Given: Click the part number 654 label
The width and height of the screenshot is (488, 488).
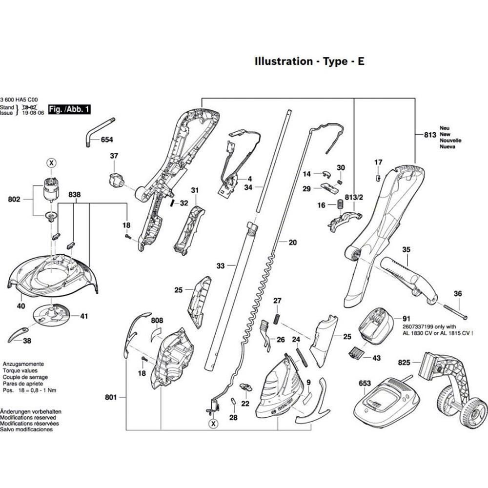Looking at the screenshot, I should tap(106, 140).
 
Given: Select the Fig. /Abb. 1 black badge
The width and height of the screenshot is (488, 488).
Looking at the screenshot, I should tap(69, 110).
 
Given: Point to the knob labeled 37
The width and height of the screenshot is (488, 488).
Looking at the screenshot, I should tap(115, 180).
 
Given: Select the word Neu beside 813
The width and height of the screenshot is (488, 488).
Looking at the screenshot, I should tap(444, 128).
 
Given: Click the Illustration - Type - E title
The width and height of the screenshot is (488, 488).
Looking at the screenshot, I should tap(309, 61).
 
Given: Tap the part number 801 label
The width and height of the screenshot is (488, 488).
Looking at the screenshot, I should tap(111, 398).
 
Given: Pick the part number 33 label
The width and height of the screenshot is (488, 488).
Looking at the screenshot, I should tap(221, 266).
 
